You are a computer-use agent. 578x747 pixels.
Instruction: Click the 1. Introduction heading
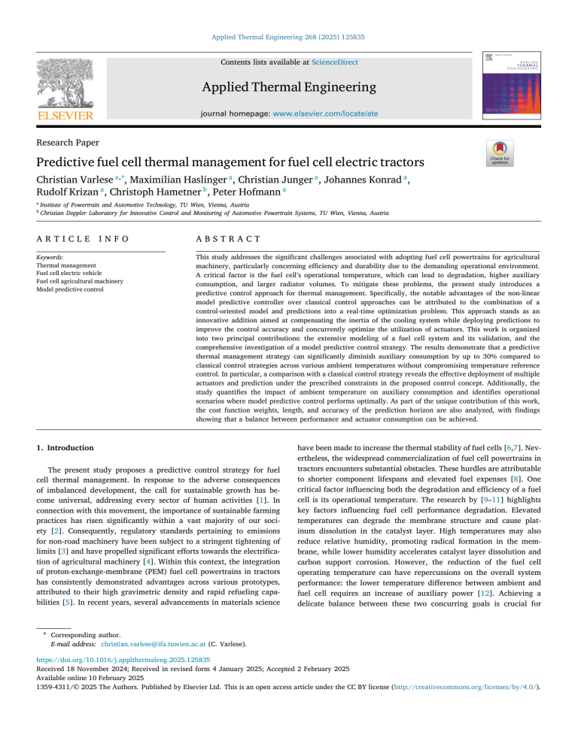tap(64, 448)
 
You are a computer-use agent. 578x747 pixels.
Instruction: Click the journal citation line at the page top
tap(289, 36)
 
